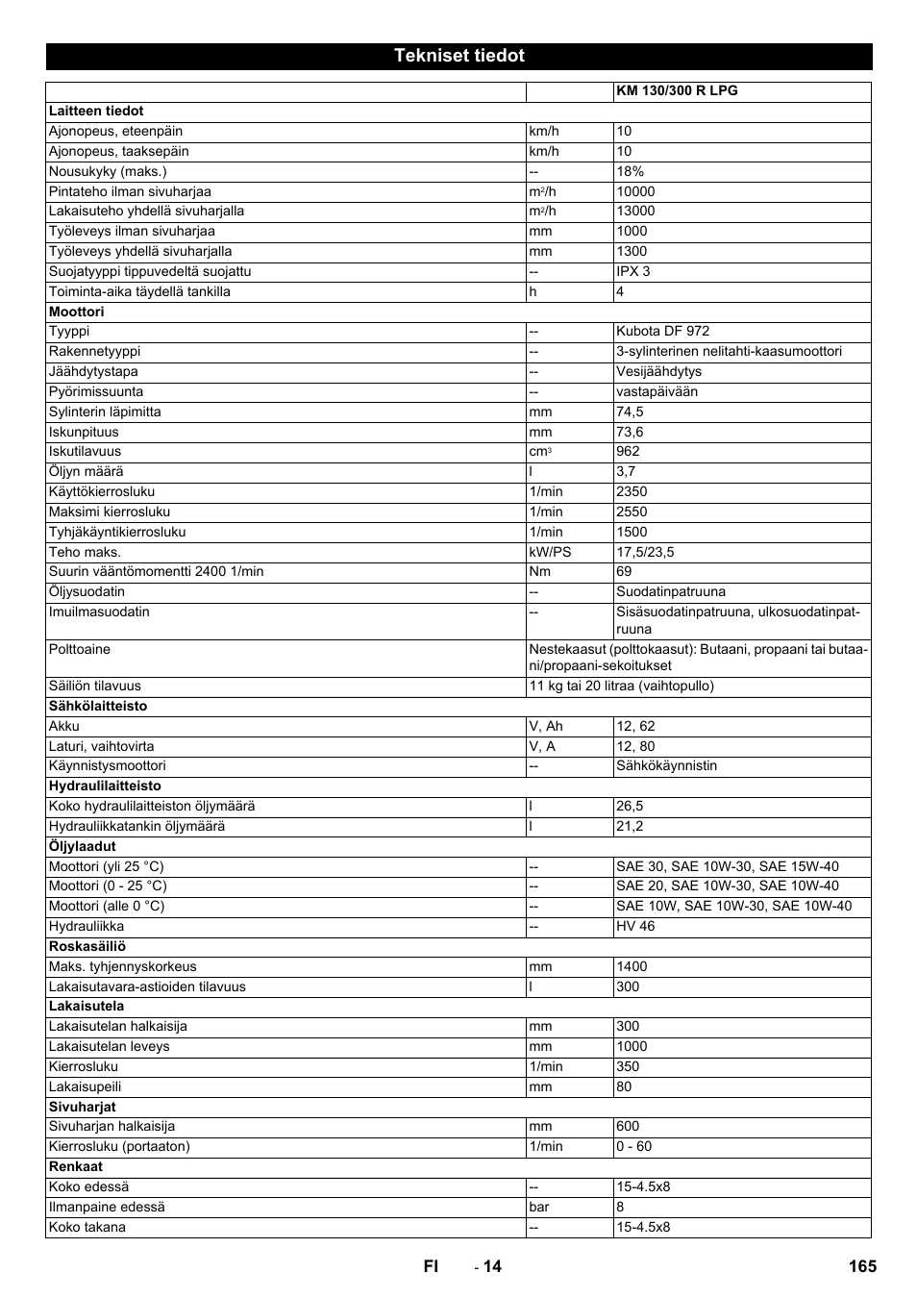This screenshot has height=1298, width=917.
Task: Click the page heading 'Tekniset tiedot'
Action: (458, 56)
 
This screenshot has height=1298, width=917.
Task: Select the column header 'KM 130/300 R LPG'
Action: (677, 91)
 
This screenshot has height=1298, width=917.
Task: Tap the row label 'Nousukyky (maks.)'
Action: (108, 172)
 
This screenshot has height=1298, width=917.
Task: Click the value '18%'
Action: (631, 172)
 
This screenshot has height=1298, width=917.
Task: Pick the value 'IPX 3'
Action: (633, 272)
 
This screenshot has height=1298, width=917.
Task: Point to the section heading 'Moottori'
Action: (76, 312)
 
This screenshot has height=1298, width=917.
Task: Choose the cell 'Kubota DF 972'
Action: (662, 332)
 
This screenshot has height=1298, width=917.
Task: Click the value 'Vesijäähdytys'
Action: (658, 372)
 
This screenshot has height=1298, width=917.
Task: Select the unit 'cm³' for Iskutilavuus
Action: (539, 452)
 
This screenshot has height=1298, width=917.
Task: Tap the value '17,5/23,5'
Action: (645, 553)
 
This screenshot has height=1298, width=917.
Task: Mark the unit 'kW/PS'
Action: (550, 553)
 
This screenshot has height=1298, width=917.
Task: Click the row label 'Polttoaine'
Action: (80, 650)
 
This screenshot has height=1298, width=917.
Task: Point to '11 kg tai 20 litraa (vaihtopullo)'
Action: (621, 686)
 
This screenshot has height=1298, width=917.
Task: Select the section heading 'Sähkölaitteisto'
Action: (98, 707)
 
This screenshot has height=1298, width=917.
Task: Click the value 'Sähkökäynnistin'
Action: (666, 766)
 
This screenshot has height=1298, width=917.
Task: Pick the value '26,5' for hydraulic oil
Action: (630, 807)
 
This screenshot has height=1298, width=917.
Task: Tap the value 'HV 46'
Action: (635, 927)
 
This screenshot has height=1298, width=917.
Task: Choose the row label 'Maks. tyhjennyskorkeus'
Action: (122, 967)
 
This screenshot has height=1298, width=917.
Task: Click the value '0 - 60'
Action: (633, 1147)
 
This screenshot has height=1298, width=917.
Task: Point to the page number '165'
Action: (862, 1266)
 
